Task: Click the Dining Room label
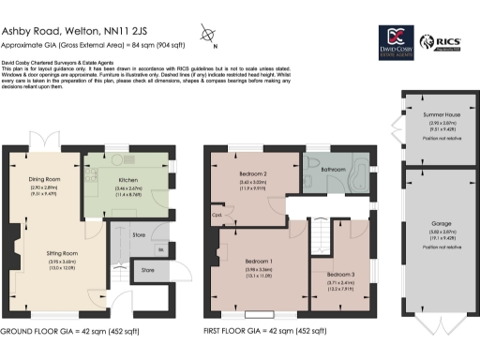click(45, 179)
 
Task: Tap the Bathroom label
click(333, 170)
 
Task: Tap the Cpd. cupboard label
click(216, 214)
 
